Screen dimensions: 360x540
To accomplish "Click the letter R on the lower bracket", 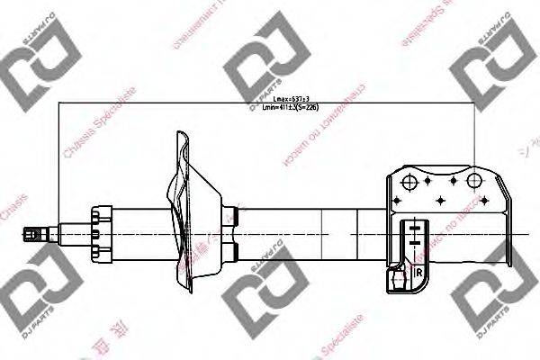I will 419,269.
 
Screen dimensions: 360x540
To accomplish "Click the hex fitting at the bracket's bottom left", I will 398,281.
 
